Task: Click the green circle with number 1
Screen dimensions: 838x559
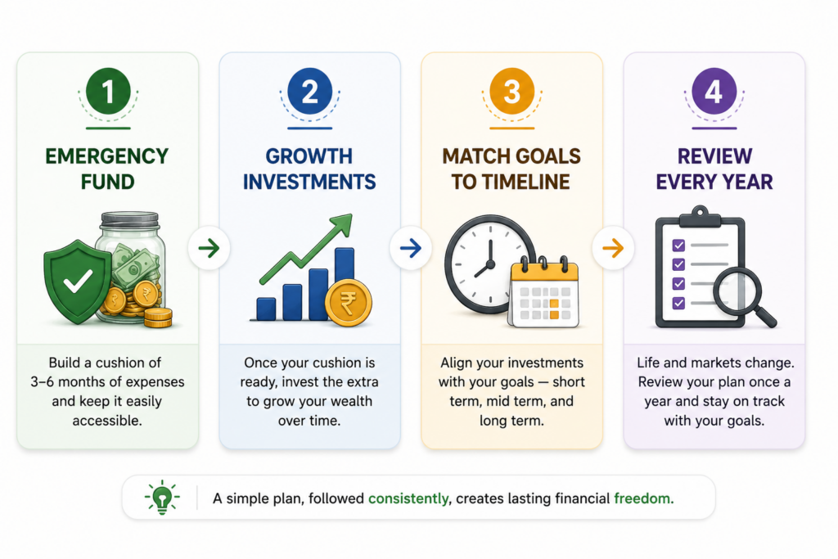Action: pos(108,91)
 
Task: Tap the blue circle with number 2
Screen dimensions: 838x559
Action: pos(310,91)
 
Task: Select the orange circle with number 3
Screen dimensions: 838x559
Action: pos(512,91)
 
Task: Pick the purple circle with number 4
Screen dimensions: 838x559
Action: pos(714,91)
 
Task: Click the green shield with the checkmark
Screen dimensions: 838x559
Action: pos(78,282)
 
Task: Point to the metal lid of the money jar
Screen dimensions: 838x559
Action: pos(130,219)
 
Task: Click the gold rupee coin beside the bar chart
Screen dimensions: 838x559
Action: pos(349,303)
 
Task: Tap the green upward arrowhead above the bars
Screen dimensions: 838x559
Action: pos(342,224)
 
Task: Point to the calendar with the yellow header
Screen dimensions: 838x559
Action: pos(544,292)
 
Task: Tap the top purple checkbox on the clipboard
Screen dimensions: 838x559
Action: pos(678,246)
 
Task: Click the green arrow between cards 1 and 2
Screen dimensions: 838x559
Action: pos(209,248)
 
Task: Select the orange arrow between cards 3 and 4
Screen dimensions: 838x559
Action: pos(613,248)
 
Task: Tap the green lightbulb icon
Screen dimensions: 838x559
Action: pos(162,497)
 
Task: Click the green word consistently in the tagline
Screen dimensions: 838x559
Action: pos(408,498)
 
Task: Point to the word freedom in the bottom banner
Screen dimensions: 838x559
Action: pos(643,498)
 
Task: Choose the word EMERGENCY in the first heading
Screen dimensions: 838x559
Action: pos(107,156)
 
